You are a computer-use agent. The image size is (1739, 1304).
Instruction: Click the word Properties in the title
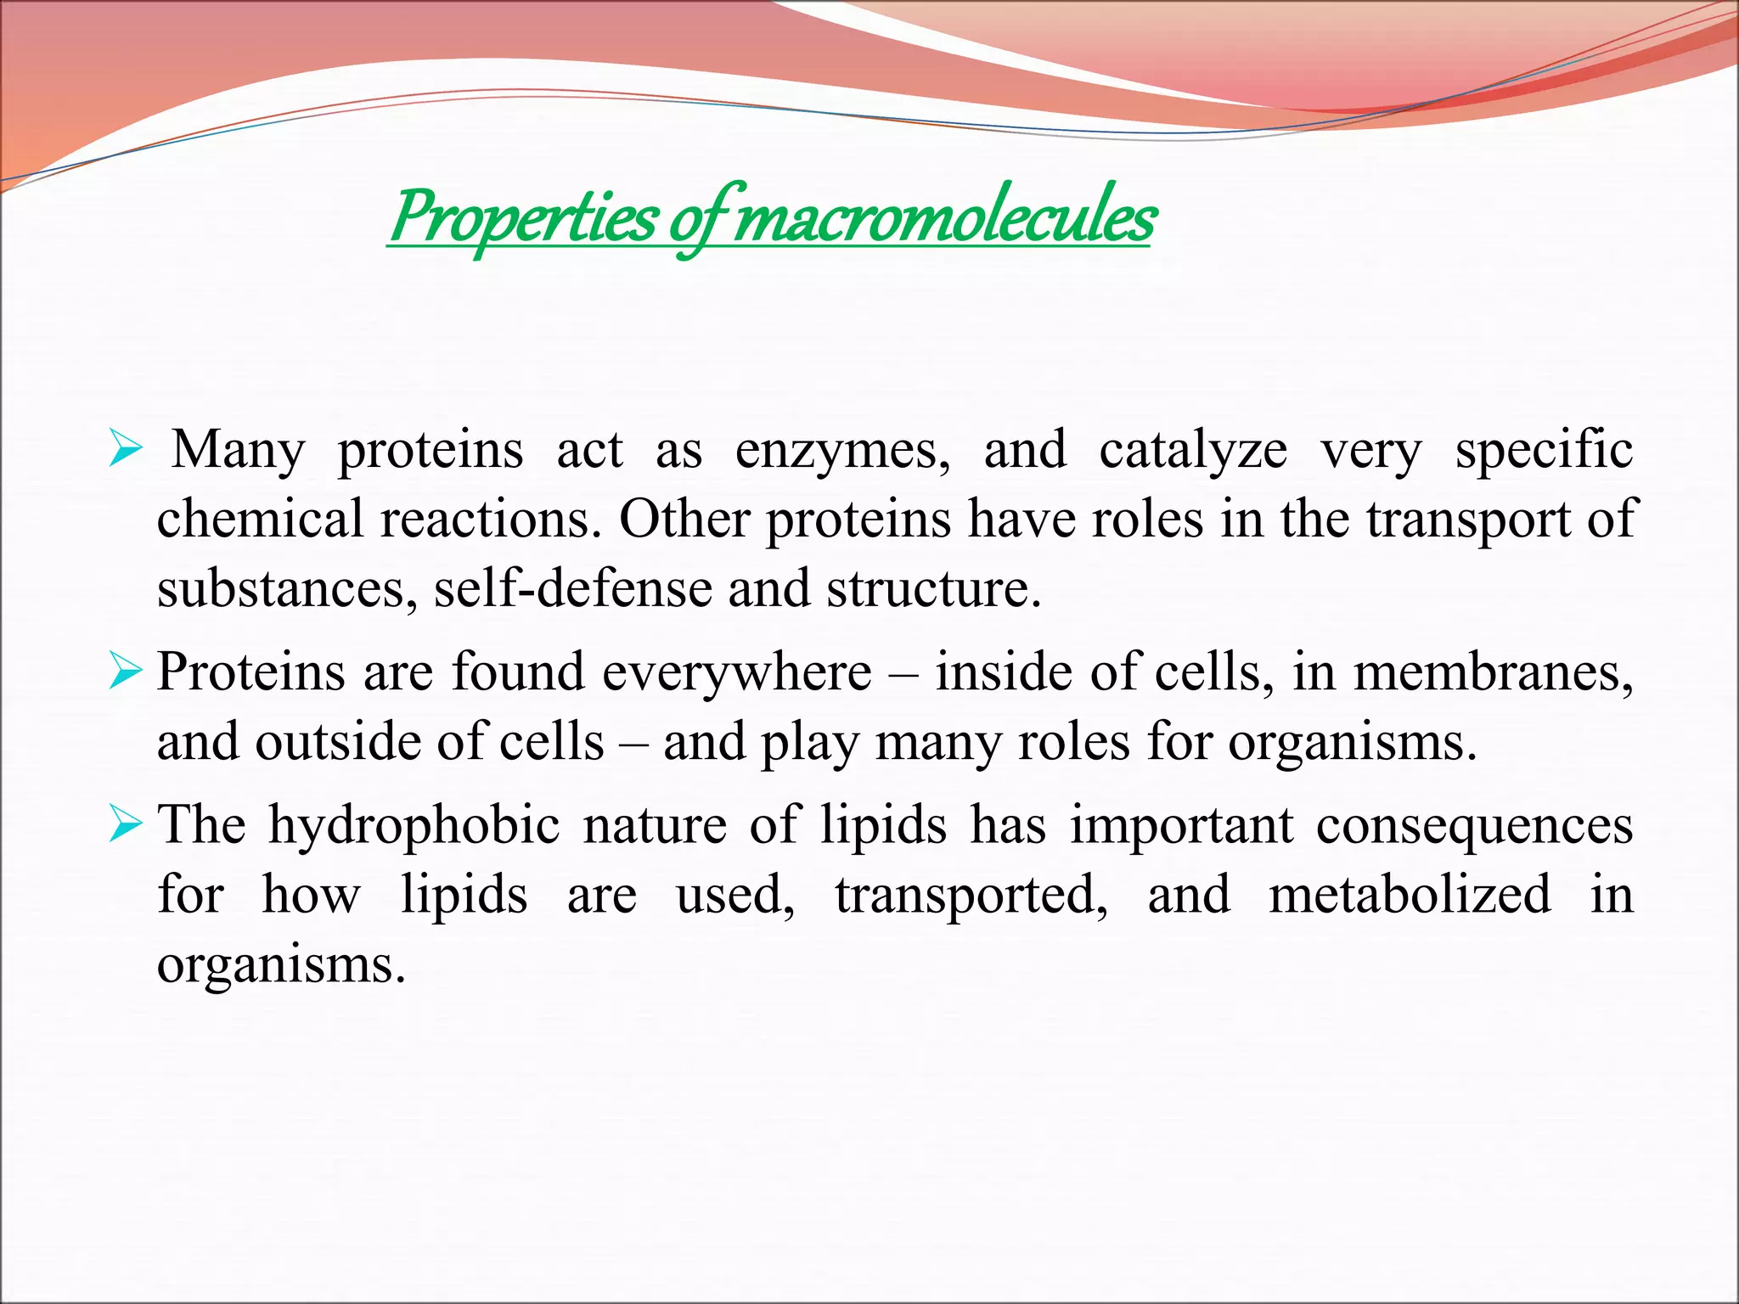point(523,217)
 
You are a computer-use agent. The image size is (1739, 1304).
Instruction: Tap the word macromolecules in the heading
point(943,217)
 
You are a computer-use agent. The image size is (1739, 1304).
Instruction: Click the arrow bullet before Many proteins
point(125,450)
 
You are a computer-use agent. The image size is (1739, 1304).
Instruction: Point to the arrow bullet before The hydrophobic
point(125,825)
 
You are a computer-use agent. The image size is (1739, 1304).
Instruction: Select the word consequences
point(1474,825)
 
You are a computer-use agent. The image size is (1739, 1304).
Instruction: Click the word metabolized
point(1410,895)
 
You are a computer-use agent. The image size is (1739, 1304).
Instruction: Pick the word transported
point(971,895)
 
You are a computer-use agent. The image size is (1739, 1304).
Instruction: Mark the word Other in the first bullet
point(684,519)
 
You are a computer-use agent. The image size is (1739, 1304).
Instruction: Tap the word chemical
point(260,519)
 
